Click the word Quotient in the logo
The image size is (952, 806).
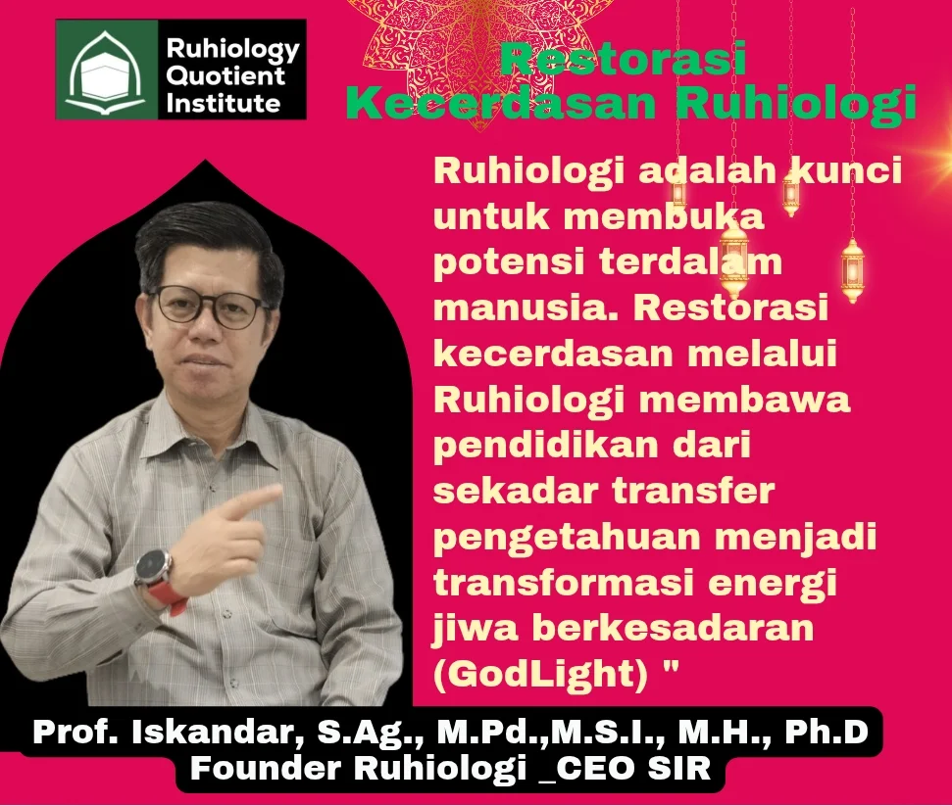pos(225,75)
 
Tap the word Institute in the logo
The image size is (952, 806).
pos(223,103)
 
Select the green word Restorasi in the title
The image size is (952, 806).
pos(624,59)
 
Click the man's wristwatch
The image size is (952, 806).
pos(152,568)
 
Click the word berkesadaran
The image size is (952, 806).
pos(674,628)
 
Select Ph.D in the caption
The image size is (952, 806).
pos(827,732)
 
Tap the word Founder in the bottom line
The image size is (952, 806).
pos(266,768)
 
